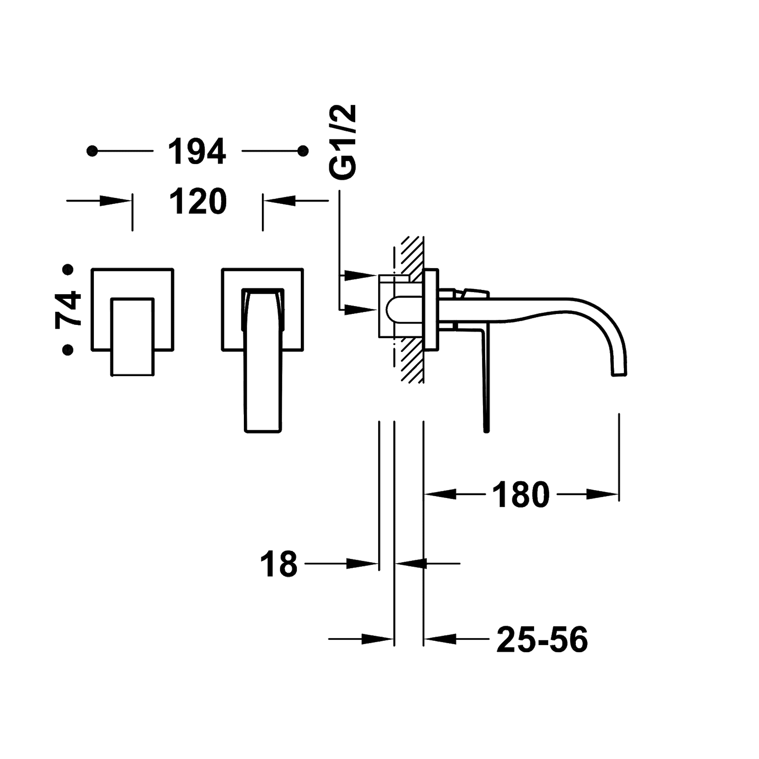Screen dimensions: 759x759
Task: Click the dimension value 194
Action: (197, 151)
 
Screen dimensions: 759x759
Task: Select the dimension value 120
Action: (198, 201)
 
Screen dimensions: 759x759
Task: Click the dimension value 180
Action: (520, 495)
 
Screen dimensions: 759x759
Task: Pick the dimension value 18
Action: (281, 564)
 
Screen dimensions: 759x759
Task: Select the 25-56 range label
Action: (542, 639)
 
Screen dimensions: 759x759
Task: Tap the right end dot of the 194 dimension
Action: (303, 151)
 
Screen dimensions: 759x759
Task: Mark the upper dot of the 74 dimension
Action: (68, 270)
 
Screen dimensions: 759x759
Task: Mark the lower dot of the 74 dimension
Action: (68, 350)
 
